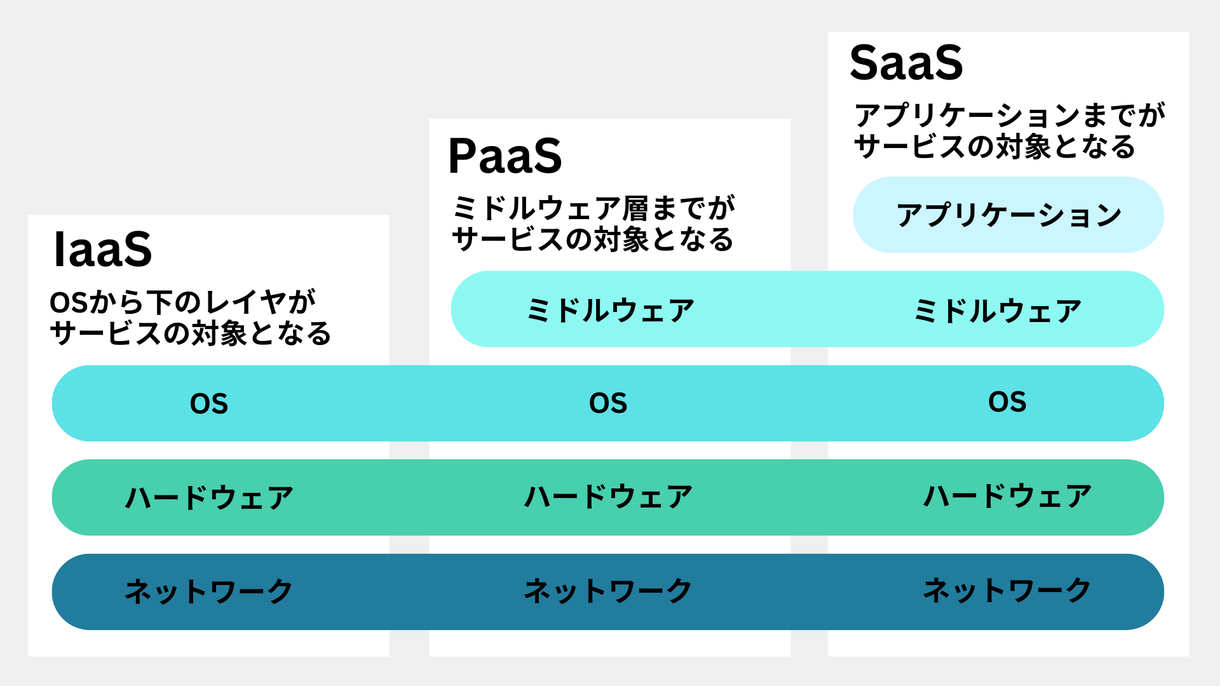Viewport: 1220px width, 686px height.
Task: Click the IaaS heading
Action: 103,250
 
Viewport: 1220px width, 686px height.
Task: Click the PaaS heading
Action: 505,156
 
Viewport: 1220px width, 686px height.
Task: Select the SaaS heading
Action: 906,63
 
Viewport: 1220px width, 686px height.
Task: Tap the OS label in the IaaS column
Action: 209,404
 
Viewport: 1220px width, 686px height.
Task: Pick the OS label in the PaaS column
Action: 608,403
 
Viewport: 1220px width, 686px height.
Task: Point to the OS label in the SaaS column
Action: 1007,402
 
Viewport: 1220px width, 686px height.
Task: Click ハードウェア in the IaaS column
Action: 209,497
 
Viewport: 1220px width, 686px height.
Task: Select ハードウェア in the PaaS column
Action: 608,497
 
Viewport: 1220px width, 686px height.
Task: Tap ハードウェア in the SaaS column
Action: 1007,496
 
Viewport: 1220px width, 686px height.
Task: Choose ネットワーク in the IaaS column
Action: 209,591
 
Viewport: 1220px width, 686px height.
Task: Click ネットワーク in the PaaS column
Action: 608,591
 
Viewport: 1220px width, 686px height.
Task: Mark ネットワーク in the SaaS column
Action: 1007,590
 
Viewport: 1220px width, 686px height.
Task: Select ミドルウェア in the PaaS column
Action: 611,311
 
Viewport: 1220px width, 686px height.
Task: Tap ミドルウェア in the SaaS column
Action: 997,311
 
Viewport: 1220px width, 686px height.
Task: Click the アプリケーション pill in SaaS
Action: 1008,215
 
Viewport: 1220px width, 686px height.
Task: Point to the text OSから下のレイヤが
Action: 183,302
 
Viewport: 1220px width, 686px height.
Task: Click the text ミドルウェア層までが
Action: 593,208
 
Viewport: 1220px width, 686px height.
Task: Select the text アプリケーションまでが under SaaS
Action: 1010,116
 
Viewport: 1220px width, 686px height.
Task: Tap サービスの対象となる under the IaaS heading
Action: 191,333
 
